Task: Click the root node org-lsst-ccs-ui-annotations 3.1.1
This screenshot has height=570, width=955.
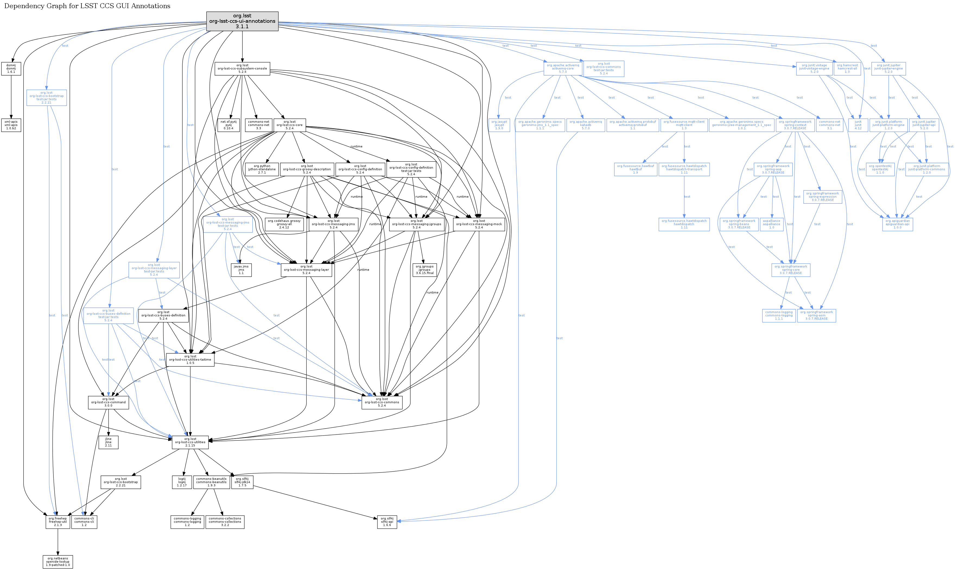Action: tap(242, 21)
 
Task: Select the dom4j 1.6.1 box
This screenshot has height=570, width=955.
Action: tap(11, 69)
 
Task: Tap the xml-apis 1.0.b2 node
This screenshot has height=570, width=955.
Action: tap(11, 125)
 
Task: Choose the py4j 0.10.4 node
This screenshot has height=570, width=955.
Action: tap(229, 125)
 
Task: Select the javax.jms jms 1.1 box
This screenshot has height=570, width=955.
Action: tap(241, 270)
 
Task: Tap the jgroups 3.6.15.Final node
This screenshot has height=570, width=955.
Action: tap(424, 270)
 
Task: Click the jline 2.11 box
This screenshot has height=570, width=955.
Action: tap(108, 442)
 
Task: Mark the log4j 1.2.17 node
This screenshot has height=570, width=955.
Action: tap(182, 482)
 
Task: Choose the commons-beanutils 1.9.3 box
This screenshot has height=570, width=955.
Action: tap(211, 482)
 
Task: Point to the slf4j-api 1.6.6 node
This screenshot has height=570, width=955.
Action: tap(387, 522)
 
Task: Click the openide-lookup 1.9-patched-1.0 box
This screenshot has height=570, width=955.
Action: tap(58, 562)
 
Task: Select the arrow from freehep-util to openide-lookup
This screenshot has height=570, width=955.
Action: tap(58, 541)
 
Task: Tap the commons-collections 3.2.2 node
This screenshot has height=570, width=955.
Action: tap(225, 522)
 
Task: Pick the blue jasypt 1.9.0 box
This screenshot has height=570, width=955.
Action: tap(499, 125)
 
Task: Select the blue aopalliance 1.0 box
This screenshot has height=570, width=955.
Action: tap(772, 224)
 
